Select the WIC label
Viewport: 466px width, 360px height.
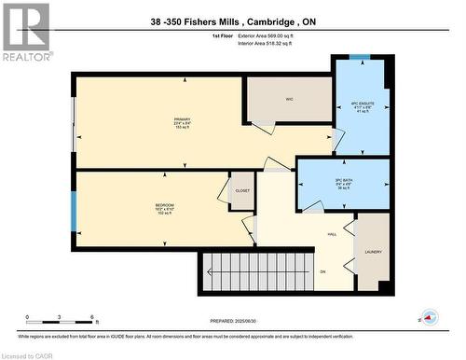290,96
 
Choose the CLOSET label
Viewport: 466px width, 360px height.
242,189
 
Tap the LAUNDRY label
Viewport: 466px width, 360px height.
373,251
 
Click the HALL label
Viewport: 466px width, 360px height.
332,234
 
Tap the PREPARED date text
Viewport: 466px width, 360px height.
245,321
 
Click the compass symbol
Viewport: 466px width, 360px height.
429,316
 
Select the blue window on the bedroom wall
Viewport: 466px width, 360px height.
73,212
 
